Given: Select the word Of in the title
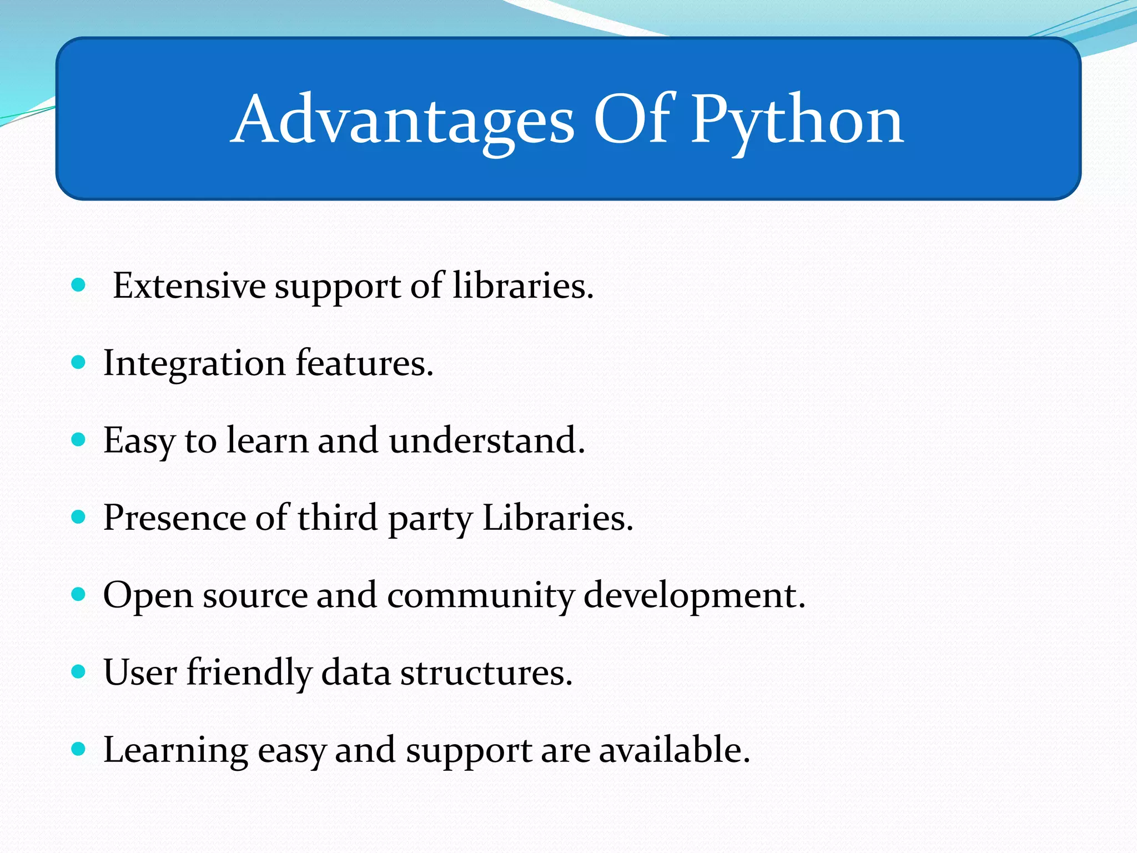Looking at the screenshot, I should pos(633,118).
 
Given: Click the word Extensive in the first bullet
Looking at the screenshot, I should pos(189,286).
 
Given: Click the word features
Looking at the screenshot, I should pos(364,363).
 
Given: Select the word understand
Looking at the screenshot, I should pos(486,440).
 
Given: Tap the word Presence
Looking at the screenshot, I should pos(174,518).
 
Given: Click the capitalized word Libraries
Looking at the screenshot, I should pos(557,518).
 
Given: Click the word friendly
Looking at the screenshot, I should pos(249,673).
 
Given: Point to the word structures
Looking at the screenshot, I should pos(486,673).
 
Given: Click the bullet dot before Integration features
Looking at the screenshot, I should pos(79,363).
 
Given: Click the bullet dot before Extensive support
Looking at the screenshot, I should pos(79,285).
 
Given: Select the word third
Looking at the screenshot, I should pos(338,518).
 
